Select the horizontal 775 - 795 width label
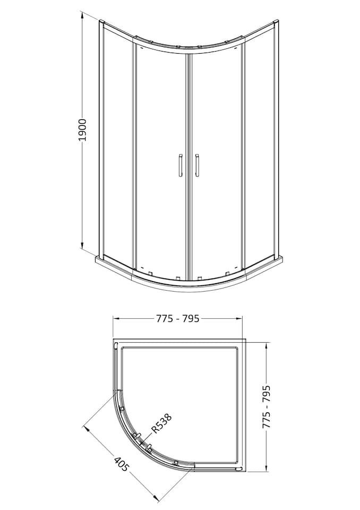point(177,319)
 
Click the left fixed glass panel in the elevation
point(116,143)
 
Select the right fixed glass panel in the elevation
point(259,143)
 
